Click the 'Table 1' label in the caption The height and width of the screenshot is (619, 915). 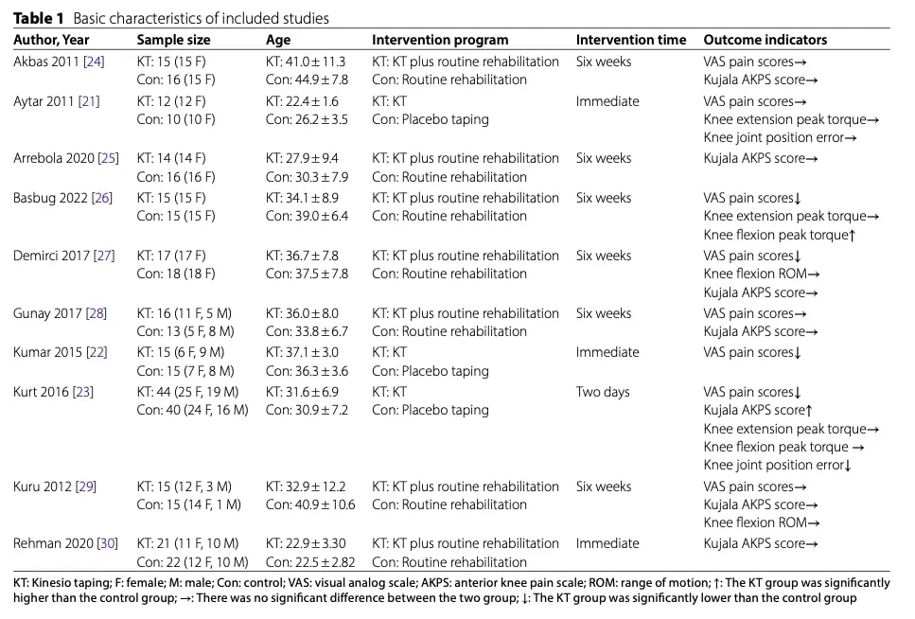coord(39,18)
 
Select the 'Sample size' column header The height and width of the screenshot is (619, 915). coord(173,40)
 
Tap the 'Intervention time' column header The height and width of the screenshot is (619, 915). coord(631,40)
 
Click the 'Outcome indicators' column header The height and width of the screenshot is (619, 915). coord(765,40)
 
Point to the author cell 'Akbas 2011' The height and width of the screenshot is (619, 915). coord(46,62)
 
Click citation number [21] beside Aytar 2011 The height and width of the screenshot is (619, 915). coord(89,101)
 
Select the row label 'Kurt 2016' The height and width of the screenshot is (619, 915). coord(41,391)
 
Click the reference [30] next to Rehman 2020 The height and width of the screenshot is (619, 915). coord(107,543)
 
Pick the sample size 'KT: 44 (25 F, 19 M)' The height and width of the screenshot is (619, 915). coord(187,391)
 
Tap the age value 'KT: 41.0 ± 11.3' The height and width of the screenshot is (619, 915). coord(306,62)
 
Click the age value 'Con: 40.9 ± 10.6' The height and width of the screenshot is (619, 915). coord(309,504)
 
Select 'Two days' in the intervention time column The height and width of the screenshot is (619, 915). coord(603,391)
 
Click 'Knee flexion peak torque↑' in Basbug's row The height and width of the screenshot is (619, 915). coord(780,235)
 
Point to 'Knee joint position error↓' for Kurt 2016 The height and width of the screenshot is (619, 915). coord(778,465)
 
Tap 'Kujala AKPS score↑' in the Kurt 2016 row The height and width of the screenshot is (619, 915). coord(758,410)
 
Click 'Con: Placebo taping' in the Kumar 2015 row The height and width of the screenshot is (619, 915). coord(431,371)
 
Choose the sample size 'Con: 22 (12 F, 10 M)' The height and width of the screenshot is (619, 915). coord(192,562)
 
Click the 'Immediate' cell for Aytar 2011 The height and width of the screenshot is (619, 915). coord(607,101)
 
